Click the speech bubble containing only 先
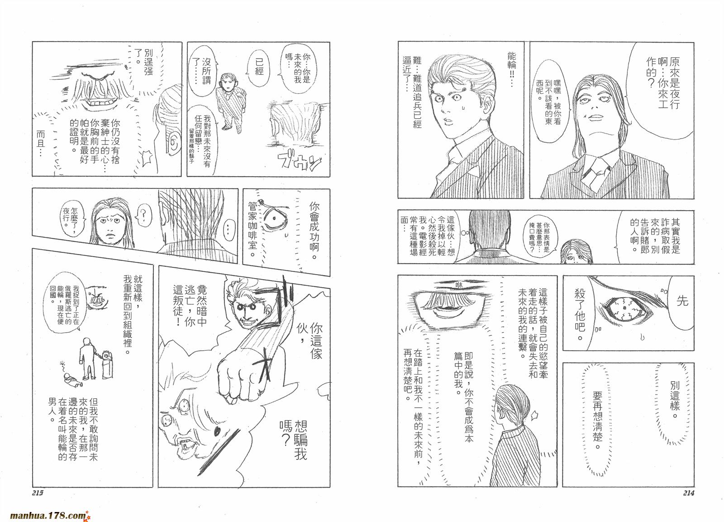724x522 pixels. click(x=681, y=301)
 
